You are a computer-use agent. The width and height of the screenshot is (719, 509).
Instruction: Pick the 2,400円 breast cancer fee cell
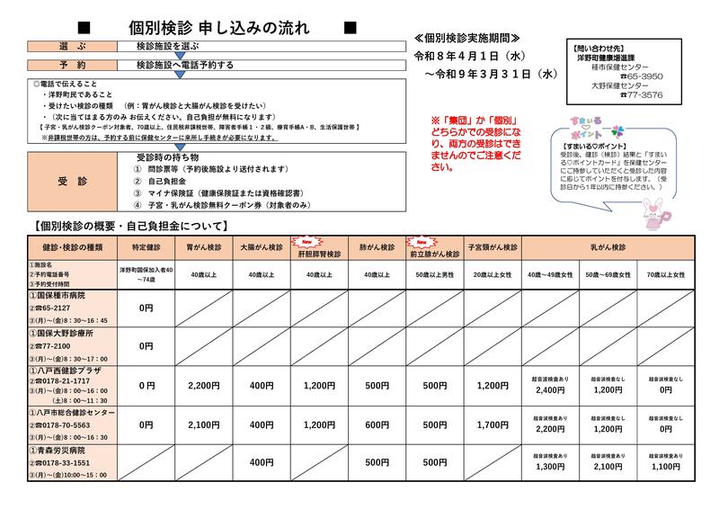(x=549, y=390)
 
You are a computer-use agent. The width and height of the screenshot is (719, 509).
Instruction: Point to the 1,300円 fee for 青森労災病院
(x=549, y=467)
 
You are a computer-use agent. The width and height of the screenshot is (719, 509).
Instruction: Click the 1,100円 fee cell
(x=665, y=467)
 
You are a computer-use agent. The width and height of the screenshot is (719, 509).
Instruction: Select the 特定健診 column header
(x=146, y=246)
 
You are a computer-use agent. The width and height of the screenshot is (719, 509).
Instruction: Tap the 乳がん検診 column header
(x=608, y=246)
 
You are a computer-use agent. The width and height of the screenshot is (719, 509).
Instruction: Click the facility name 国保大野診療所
(x=66, y=332)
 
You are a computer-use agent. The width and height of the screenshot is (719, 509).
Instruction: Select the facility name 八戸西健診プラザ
(x=71, y=370)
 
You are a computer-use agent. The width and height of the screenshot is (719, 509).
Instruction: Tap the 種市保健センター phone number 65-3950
(x=641, y=76)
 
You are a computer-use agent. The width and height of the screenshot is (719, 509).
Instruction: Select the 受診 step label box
(x=68, y=180)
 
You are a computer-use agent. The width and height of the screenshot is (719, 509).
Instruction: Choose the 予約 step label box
(x=68, y=65)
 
